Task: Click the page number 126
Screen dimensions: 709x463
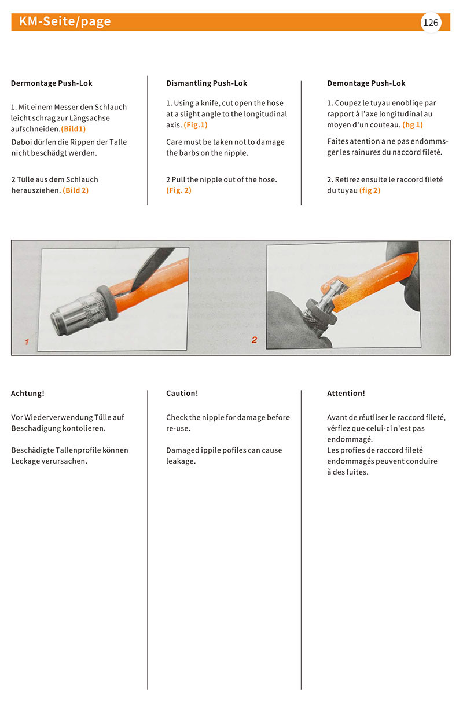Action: (431, 23)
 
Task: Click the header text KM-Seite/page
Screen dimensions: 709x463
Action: (65, 22)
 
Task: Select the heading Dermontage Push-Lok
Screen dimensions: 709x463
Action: (52, 83)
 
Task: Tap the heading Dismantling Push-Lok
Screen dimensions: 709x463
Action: (207, 83)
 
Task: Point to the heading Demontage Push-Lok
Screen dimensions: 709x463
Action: (366, 83)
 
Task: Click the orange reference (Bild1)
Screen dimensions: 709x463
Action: (74, 129)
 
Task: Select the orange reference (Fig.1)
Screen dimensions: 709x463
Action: (196, 125)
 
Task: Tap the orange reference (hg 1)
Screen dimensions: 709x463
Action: (413, 125)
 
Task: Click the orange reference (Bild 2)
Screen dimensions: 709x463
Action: (76, 190)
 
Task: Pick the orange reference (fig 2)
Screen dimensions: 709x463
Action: (370, 190)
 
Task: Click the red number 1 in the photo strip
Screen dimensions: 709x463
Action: (27, 342)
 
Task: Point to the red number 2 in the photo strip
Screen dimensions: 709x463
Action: (254, 340)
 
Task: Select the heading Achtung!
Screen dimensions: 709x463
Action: (28, 393)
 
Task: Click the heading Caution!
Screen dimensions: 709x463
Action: (182, 393)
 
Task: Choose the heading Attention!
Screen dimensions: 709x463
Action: (346, 393)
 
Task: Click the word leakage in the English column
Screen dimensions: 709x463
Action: (181, 461)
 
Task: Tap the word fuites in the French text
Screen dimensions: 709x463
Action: (356, 472)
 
